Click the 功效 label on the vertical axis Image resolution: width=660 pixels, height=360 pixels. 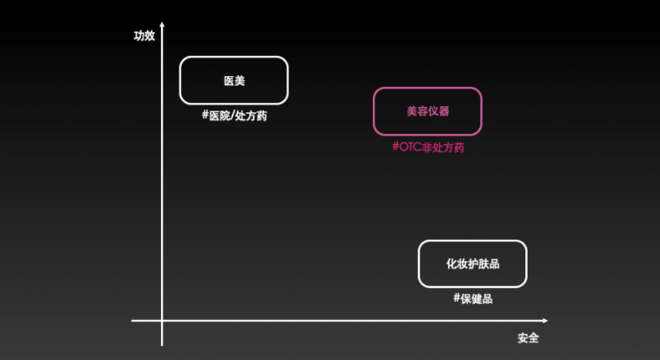144,36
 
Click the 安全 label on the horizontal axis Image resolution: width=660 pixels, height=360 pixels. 528,338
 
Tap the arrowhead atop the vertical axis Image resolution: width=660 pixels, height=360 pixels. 162,25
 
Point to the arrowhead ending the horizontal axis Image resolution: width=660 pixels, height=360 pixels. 544,321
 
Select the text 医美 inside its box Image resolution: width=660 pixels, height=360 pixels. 234,81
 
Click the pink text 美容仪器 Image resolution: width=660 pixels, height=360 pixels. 428,111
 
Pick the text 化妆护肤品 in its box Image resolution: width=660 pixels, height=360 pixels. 472,264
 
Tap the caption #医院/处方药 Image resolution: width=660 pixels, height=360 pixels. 235,116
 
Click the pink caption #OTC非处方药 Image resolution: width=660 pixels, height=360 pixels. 428,147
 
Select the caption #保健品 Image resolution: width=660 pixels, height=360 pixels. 472,298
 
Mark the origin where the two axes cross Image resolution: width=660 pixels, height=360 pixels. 162,321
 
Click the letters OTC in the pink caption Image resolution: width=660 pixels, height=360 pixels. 410,147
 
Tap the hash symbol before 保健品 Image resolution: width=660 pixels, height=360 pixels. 457,298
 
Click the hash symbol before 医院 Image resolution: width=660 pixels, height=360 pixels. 205,115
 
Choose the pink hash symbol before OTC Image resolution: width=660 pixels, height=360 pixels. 395,147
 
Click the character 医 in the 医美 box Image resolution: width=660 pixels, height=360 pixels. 229,81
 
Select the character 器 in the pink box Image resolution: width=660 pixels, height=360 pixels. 444,111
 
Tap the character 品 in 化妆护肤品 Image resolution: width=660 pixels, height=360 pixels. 494,264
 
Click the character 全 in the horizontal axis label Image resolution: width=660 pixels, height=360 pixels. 533,338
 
